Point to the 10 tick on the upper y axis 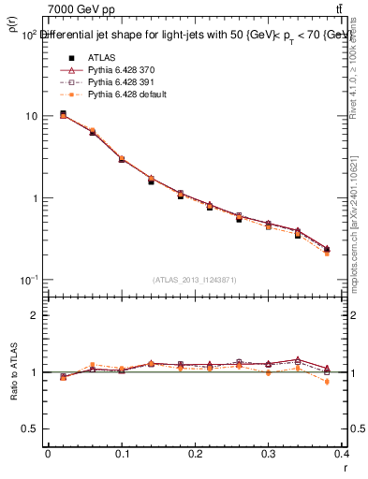click(31, 116)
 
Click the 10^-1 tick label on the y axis click(29, 281)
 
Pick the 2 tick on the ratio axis click(36, 315)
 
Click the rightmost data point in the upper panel click(326, 250)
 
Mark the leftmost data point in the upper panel click(63, 114)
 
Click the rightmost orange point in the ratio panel click(326, 382)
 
